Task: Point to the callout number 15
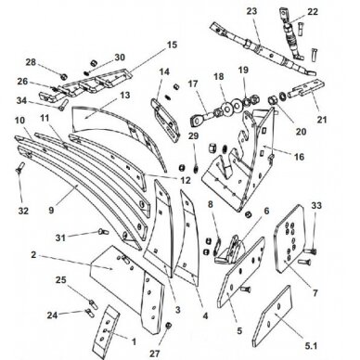[171, 45]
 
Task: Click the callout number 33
[316, 204]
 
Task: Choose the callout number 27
[167, 353]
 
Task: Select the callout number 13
[126, 95]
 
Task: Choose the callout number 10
[19, 121]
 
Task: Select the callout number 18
[219, 78]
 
